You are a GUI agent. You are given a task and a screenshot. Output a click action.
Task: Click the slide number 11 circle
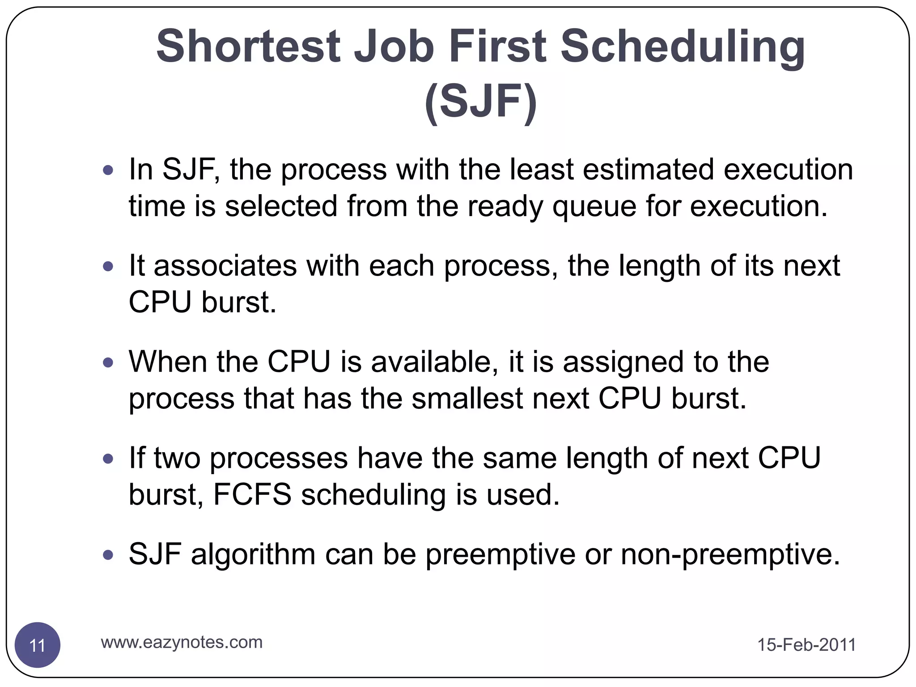[x=38, y=645]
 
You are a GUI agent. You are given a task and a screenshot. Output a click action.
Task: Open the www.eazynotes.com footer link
[x=182, y=642]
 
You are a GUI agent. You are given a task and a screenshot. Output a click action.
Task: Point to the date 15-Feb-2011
[x=806, y=645]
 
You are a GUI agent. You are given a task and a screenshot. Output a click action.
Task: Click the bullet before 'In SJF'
[x=108, y=170]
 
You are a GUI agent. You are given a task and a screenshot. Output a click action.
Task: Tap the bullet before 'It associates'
[x=108, y=267]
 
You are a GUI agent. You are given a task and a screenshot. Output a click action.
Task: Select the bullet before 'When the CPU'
[x=108, y=362]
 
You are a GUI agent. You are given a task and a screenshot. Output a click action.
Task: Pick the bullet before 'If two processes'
[x=108, y=458]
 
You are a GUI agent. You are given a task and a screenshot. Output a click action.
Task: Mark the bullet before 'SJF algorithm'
[x=108, y=555]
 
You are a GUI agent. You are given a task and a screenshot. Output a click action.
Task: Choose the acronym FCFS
[x=252, y=494]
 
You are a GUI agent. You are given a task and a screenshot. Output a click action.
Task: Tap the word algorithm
[x=253, y=555]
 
